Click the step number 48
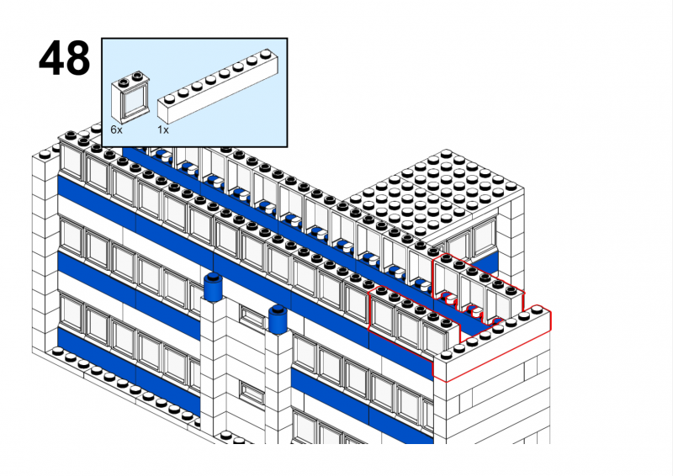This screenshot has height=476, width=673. pyautogui.click(x=65, y=58)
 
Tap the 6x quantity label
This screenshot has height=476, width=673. pyautogui.click(x=116, y=130)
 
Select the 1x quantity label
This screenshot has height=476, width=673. pyautogui.click(x=163, y=130)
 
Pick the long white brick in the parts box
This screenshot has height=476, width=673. pyautogui.click(x=217, y=86)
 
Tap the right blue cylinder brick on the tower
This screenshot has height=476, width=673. pyautogui.click(x=278, y=320)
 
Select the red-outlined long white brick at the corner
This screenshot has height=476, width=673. pyautogui.click(x=492, y=343)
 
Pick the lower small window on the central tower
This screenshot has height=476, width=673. pyautogui.click(x=252, y=393)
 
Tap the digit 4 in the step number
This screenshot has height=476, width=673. pyautogui.click(x=51, y=58)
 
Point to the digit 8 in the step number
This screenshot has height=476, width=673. pyautogui.click(x=78, y=58)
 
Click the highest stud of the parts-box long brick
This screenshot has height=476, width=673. pyautogui.click(x=266, y=54)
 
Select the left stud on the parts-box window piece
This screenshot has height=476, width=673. pyautogui.click(x=125, y=80)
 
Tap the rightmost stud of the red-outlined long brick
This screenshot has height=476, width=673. pyautogui.click(x=537, y=309)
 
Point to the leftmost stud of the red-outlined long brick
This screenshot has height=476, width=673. pyautogui.click(x=447, y=355)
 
